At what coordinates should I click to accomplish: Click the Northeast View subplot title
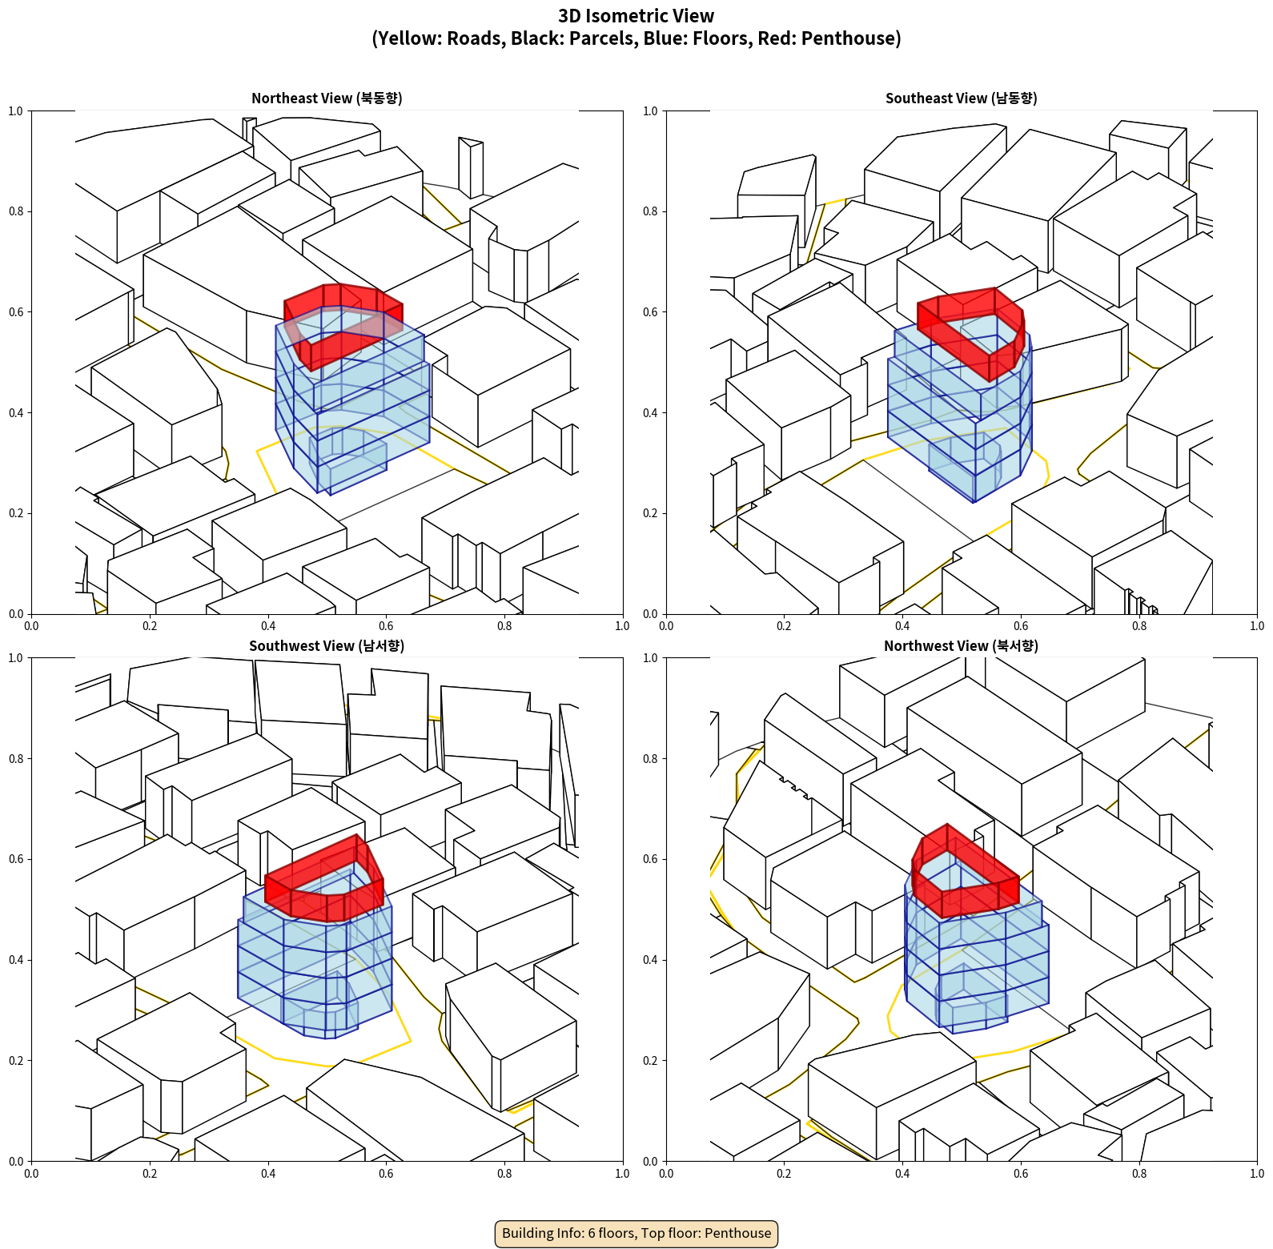pyautogui.click(x=327, y=98)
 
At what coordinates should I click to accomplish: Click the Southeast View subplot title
pyautogui.click(x=961, y=98)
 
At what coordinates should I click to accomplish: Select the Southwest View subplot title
pyautogui.click(x=327, y=646)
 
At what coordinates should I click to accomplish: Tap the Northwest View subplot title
pyautogui.click(x=961, y=646)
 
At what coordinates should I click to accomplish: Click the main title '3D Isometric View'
pyautogui.click(x=636, y=16)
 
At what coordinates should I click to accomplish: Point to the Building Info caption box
pyautogui.click(x=636, y=1233)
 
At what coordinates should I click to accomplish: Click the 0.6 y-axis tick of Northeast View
pyautogui.click(x=16, y=312)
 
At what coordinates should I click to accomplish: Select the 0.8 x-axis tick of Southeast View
pyautogui.click(x=1139, y=626)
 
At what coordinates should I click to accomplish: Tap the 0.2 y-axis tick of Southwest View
pyautogui.click(x=16, y=1061)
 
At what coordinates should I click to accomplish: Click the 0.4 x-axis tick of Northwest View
pyautogui.click(x=902, y=1174)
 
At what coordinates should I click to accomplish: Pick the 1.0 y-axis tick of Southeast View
pyautogui.click(x=650, y=111)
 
